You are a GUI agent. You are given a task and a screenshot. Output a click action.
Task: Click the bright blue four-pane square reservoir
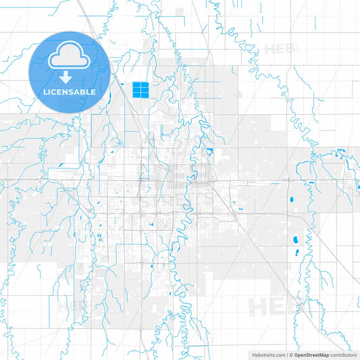(x=140, y=90)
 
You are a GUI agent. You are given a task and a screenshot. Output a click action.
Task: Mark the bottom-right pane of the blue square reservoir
(x=145, y=94)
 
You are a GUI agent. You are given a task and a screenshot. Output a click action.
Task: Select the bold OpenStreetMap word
(x=311, y=354)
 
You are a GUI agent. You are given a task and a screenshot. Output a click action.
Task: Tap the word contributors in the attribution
(x=343, y=354)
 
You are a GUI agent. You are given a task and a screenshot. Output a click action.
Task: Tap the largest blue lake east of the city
(x=294, y=240)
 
